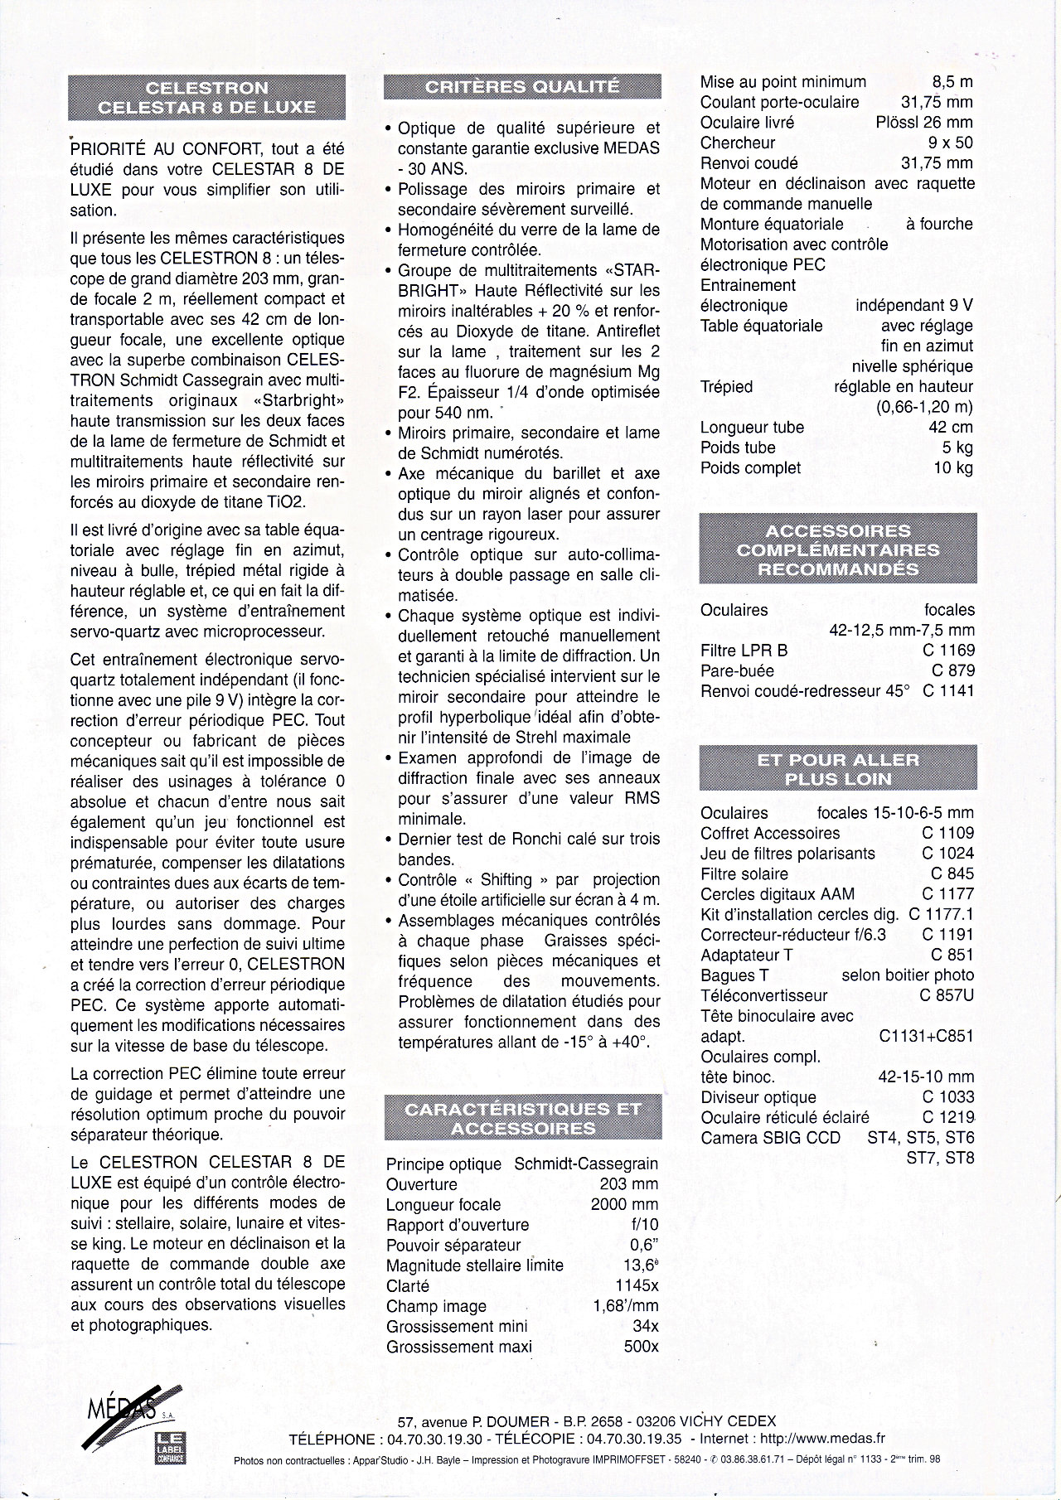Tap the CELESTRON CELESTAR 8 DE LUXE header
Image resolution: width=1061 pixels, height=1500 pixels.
(206, 98)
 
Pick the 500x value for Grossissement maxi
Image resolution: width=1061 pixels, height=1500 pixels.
(641, 1347)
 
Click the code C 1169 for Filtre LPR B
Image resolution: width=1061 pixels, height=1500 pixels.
(948, 651)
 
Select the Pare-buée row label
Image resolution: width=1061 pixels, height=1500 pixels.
(737, 670)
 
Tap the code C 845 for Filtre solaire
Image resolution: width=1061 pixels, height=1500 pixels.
(952, 873)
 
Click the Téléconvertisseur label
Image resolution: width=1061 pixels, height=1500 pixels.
(763, 995)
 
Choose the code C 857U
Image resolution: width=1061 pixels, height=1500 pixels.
(947, 995)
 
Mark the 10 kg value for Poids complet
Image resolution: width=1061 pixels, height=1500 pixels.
(953, 467)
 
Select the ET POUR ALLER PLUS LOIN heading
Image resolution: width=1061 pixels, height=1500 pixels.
(837, 769)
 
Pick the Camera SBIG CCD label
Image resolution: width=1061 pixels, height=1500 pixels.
(770, 1138)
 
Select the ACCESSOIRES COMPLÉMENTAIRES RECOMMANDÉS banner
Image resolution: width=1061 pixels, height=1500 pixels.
(837, 549)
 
